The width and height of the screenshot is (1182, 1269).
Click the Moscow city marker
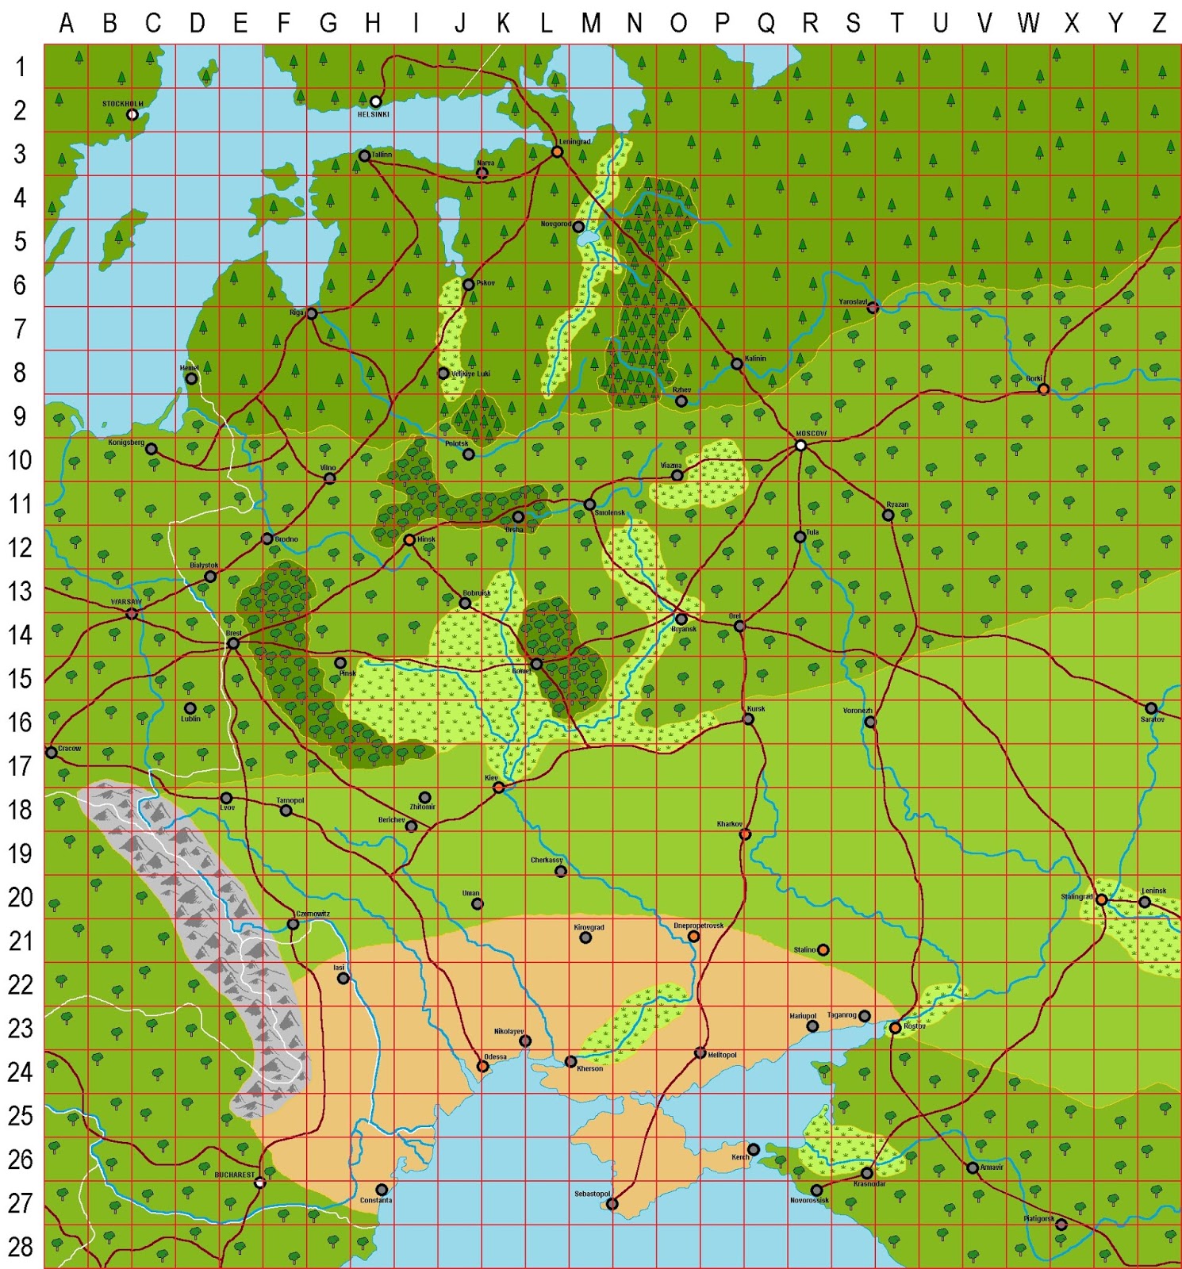click(800, 446)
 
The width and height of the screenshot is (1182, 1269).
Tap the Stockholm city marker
click(132, 115)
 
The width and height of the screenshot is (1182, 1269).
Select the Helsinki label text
click(373, 115)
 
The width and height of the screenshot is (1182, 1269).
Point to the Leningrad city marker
click(558, 151)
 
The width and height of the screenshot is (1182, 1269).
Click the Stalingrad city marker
click(1101, 899)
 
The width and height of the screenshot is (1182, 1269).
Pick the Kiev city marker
click(499, 788)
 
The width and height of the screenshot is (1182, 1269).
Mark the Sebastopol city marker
click(612, 1204)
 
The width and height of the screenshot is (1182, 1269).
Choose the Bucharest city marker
click(259, 1183)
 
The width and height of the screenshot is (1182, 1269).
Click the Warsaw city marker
click(132, 614)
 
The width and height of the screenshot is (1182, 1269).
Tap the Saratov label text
click(1152, 719)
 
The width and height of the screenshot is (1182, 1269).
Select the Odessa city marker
click(482, 1067)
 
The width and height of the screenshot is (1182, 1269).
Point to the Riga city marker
click(312, 314)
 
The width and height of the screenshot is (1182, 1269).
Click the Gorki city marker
click(1043, 389)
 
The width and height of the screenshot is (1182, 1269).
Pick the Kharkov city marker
click(745, 834)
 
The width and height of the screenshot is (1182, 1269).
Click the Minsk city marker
click(409, 540)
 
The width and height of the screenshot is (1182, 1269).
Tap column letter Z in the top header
click(1159, 24)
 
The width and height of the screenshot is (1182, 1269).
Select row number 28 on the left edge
click(21, 1246)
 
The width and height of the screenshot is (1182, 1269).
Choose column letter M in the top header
click(590, 24)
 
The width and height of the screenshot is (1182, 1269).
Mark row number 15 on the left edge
click(21, 678)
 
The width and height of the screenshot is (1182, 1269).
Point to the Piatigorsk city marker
click(1061, 1225)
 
